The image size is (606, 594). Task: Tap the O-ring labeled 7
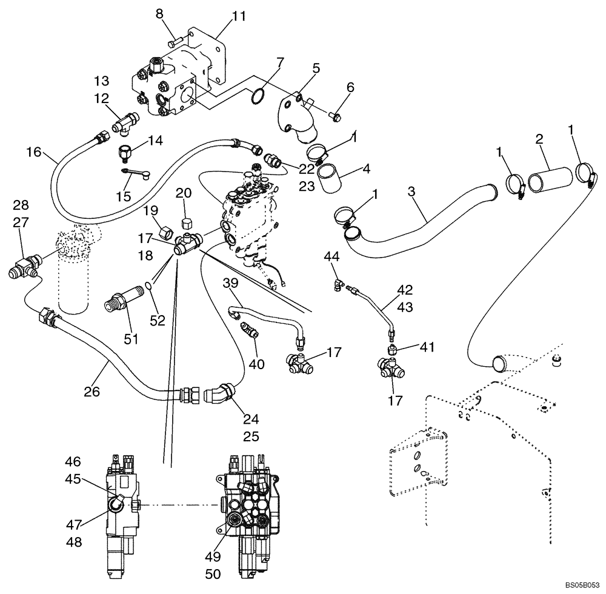257,96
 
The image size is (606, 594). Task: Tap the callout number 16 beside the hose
33,152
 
